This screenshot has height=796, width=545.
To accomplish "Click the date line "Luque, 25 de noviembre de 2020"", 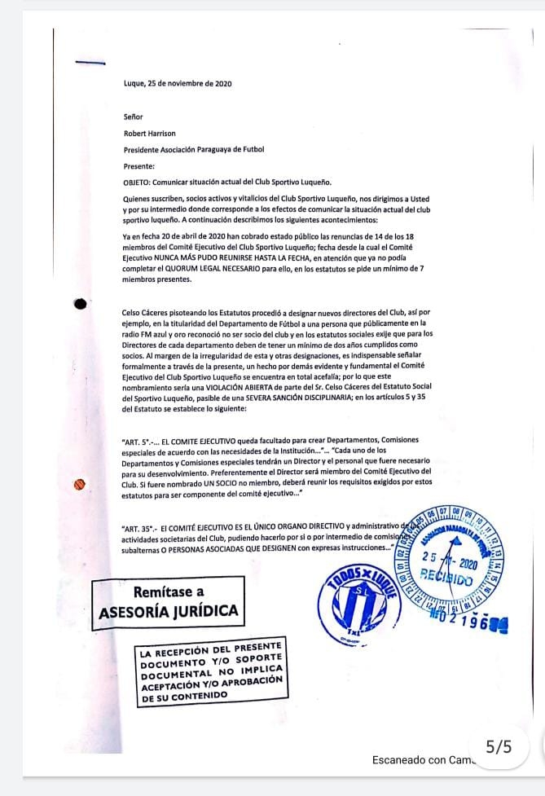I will (178, 83).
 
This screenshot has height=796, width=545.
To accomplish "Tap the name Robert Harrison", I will (150, 133).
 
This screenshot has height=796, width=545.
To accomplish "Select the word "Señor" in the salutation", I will (133, 117).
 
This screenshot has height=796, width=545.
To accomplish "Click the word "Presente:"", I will (138, 165).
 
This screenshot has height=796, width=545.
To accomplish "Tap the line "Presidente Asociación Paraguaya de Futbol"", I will (194, 149).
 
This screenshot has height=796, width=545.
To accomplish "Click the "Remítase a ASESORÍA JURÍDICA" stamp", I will (169, 600).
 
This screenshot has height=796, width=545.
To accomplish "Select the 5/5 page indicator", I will (498, 746).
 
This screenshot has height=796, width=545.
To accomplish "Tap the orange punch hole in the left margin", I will (80, 485).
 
